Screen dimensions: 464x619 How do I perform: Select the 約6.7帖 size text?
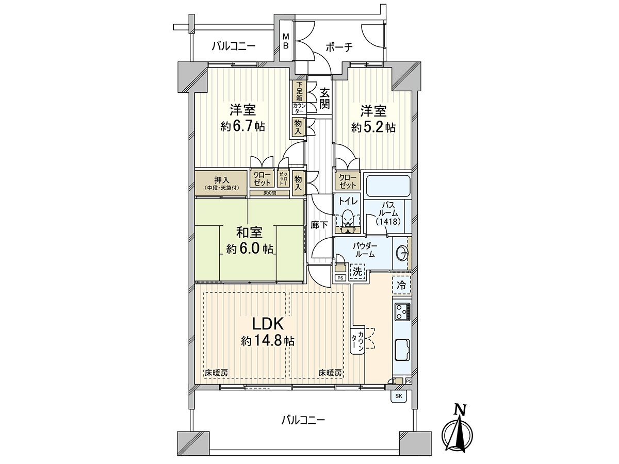point(242,127)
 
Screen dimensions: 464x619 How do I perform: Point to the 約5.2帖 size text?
point(373,127)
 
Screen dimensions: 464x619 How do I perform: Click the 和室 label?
point(250,232)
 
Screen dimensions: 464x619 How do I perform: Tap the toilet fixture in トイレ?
point(349,219)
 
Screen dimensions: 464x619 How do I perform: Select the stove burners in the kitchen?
point(402,311)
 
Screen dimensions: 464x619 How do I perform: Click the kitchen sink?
point(402,351)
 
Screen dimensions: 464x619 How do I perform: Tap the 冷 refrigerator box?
point(401,284)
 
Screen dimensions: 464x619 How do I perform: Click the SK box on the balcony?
point(398,396)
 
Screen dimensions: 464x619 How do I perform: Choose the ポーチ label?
point(339,47)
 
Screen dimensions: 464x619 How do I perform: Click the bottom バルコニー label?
point(303,420)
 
